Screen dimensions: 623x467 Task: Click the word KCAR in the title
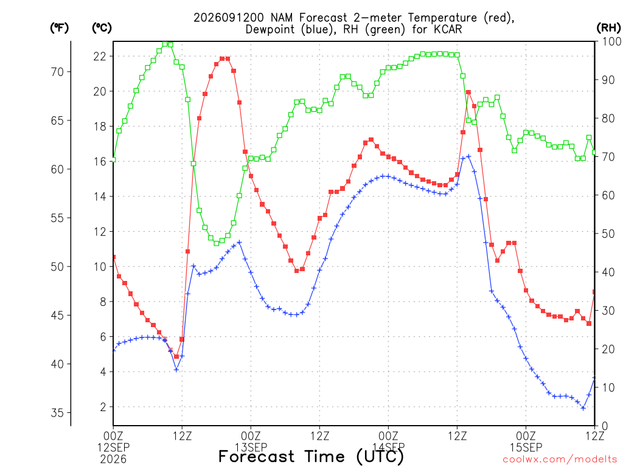[447, 30]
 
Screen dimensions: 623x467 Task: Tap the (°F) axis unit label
[59, 28]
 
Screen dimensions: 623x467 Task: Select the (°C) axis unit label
[102, 28]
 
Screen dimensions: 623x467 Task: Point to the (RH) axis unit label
[608, 28]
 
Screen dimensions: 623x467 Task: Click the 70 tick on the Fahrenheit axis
[57, 72]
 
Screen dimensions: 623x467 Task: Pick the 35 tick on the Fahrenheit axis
[57, 413]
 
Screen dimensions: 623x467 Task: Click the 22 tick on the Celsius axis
[100, 57]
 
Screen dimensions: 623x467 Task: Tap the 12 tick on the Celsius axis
[100, 232]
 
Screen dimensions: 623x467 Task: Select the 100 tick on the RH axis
[611, 41]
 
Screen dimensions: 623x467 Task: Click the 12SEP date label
[113, 448]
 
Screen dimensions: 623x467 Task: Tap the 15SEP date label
[526, 448]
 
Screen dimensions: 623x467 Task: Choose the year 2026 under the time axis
[113, 460]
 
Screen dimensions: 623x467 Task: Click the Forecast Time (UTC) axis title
[311, 457]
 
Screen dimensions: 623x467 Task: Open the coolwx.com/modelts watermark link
[560, 460]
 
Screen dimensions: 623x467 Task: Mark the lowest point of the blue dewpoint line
[583, 408]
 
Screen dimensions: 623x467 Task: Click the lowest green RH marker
[217, 243]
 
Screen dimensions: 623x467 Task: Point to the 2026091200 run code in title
[229, 18]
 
